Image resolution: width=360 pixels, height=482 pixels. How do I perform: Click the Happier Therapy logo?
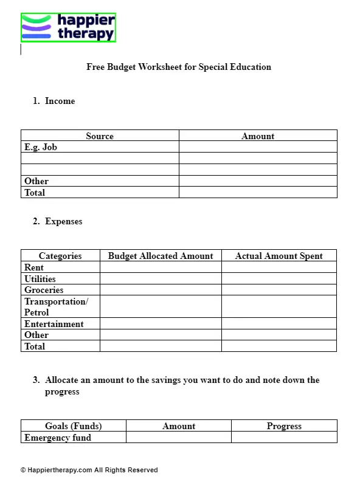[x=68, y=27]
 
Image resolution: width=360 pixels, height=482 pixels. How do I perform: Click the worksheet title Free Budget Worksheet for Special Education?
[x=179, y=67]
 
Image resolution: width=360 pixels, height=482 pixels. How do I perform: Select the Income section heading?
[x=60, y=101]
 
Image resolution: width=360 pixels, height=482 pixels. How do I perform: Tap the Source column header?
[x=100, y=136]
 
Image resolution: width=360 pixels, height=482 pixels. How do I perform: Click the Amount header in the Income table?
[x=258, y=136]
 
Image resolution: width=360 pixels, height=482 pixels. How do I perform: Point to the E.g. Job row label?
[x=41, y=147]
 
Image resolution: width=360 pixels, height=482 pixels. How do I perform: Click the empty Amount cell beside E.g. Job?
[x=258, y=147]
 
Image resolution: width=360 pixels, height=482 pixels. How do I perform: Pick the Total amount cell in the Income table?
[x=258, y=193]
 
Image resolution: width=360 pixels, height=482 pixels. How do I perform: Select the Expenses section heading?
[x=63, y=221]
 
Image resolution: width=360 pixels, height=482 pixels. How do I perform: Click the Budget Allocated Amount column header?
[x=161, y=256]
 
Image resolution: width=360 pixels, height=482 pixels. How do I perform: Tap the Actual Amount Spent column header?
[x=279, y=256]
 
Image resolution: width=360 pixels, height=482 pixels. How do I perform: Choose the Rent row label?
[x=34, y=267]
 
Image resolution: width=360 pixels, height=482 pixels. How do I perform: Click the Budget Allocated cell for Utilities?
[x=161, y=279]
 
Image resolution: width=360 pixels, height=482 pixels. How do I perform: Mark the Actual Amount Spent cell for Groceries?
[x=279, y=290]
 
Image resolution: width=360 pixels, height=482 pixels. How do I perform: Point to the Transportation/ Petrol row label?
[x=56, y=307]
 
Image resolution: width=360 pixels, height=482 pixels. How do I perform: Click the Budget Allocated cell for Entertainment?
[x=161, y=324]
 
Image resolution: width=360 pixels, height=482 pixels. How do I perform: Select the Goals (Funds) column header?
[x=74, y=426]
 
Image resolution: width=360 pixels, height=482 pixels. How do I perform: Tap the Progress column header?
[x=284, y=426]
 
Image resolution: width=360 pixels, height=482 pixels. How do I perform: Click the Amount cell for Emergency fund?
[x=179, y=438]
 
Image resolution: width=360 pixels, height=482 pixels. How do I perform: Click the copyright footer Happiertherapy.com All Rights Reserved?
[x=89, y=470]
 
